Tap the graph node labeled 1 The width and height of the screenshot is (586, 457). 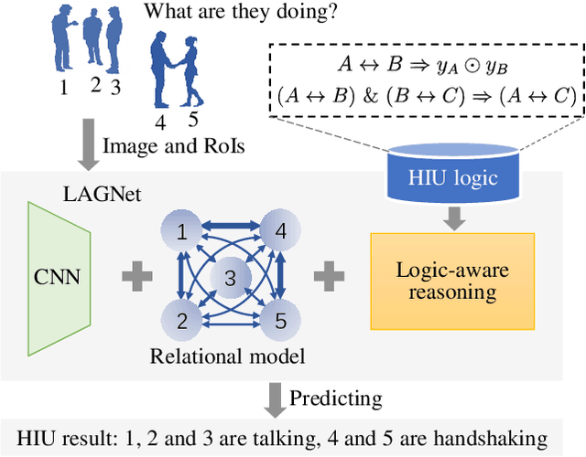click(x=180, y=232)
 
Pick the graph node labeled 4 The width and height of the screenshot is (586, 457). click(x=281, y=232)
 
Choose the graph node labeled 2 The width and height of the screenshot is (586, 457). click(x=180, y=320)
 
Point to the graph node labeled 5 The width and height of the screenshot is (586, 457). click(x=281, y=320)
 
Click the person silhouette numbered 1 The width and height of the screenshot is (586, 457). click(x=61, y=40)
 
